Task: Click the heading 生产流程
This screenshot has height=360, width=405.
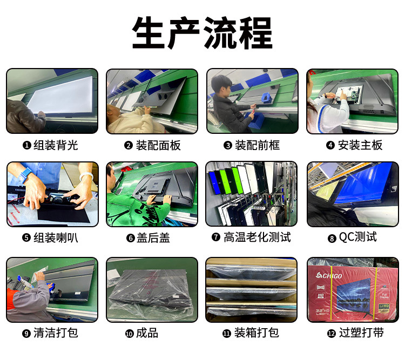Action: [x=202, y=33]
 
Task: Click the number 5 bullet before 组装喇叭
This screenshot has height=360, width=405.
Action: [x=26, y=237]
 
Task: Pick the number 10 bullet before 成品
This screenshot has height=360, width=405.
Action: [x=129, y=334]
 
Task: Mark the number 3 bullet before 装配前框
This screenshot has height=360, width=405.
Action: [x=228, y=146]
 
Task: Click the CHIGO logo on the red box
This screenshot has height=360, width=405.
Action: [x=329, y=276]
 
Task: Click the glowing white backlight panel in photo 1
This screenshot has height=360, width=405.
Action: [x=60, y=95]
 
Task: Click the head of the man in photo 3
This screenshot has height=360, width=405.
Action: [x=220, y=85]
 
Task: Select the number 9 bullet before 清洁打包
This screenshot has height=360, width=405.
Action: [x=26, y=334]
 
